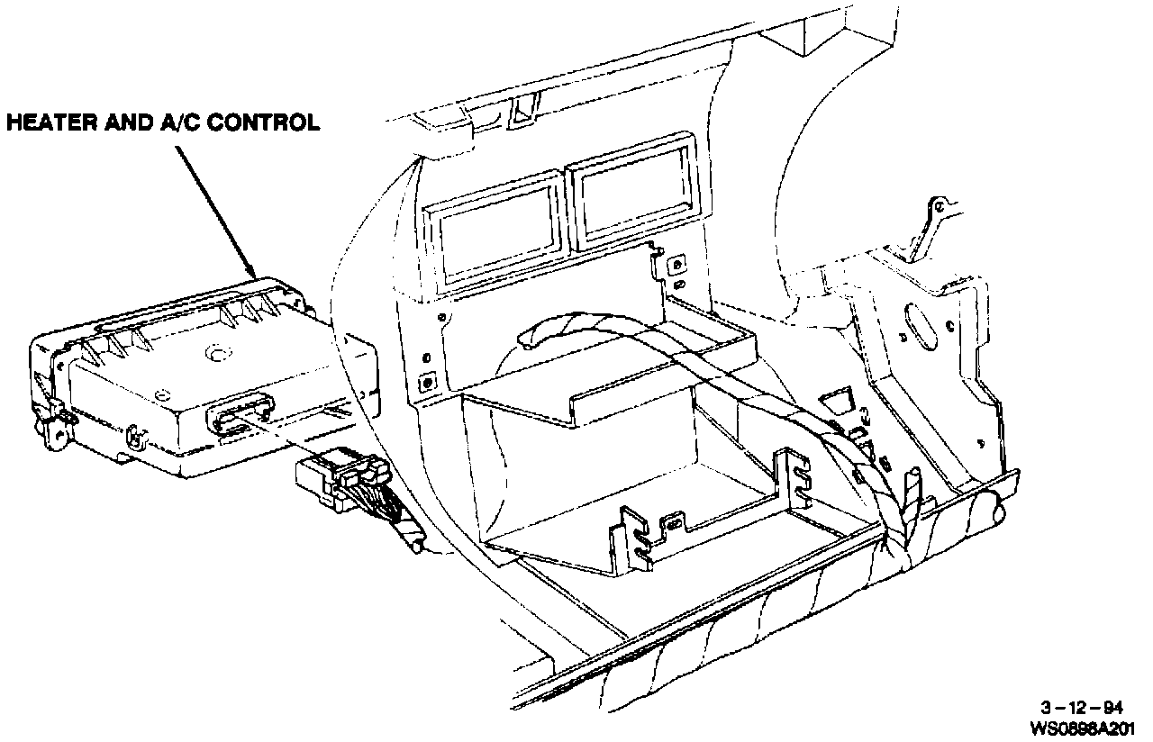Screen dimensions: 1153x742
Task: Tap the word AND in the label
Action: coord(124,122)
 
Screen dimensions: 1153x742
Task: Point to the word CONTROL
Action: coord(263,122)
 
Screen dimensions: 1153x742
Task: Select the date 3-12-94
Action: coord(1094,707)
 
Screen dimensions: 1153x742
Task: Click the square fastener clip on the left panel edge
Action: coord(426,382)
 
